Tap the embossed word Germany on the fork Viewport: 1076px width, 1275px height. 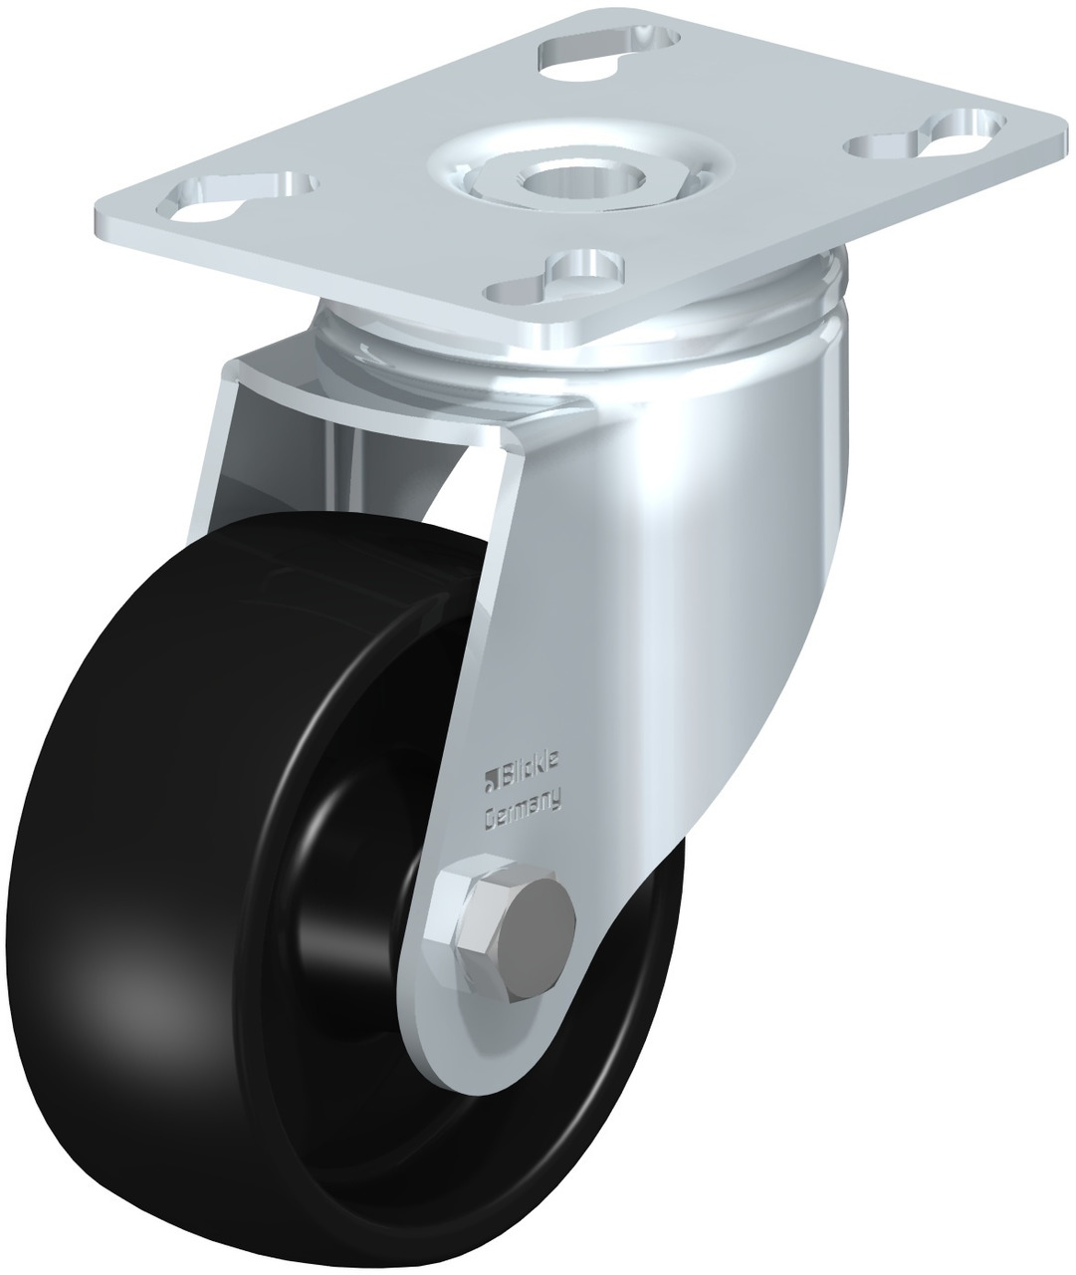[523, 812]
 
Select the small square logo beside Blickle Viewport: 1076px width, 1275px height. [492, 784]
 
